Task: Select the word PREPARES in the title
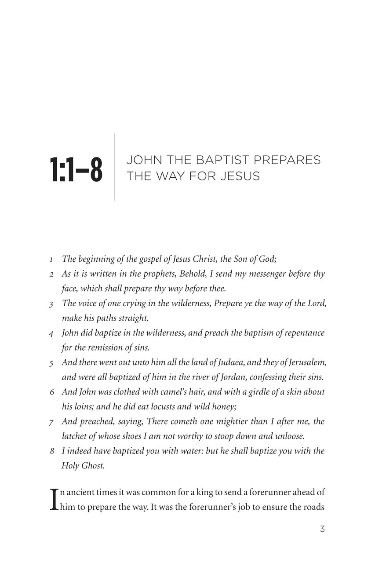click(290, 160)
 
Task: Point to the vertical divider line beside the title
click(114, 167)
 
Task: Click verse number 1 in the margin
click(51, 260)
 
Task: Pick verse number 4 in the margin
click(51, 333)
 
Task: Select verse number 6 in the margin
click(51, 392)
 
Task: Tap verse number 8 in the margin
click(51, 451)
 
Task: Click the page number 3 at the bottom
click(322, 529)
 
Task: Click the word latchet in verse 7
click(74, 436)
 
